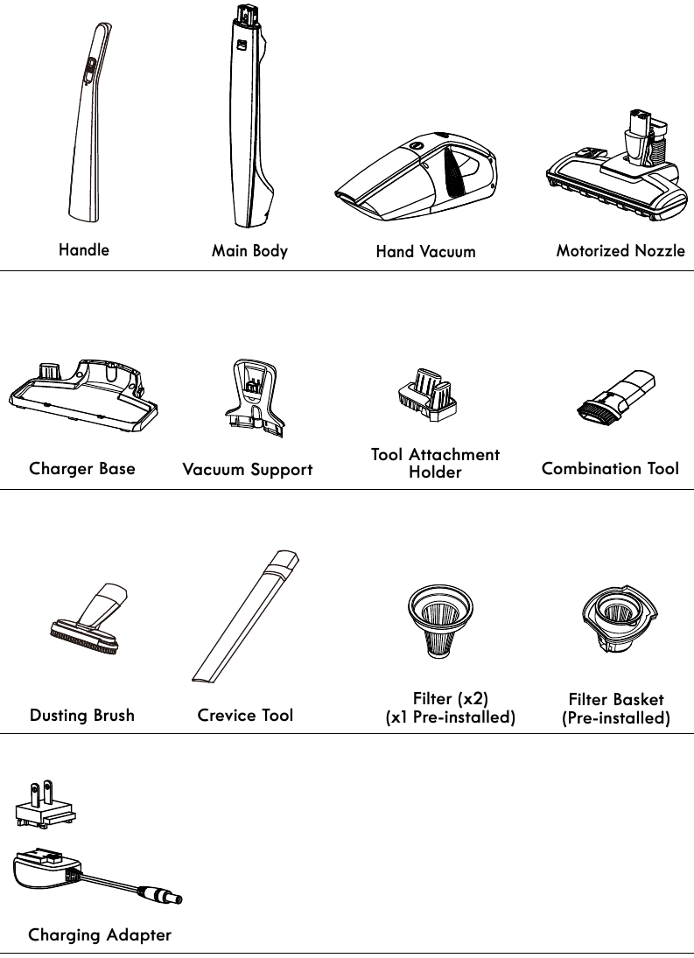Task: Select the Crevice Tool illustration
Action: tap(246, 617)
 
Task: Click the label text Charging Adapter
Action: tap(100, 935)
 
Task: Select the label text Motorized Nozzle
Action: tap(620, 251)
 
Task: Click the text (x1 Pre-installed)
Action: tap(451, 718)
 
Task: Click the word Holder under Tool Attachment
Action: tap(435, 472)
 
